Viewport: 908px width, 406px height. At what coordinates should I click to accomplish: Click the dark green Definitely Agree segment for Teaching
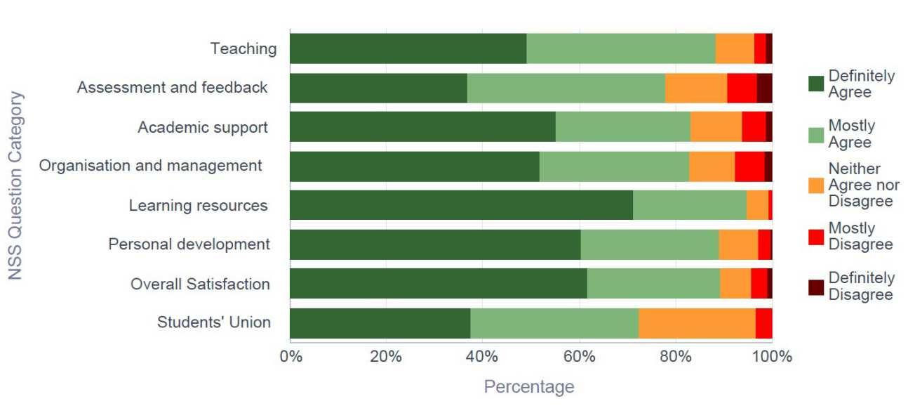(408, 48)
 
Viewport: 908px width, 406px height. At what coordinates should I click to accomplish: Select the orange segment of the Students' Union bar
(697, 323)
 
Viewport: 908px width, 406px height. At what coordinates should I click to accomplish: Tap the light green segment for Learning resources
(689, 205)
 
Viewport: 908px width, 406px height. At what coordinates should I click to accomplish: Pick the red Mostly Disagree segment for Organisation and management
(749, 166)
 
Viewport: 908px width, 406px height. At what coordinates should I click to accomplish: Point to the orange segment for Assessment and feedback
(695, 88)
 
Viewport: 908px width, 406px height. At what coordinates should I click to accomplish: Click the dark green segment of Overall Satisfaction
(438, 284)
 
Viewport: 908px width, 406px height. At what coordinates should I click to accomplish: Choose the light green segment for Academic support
(622, 127)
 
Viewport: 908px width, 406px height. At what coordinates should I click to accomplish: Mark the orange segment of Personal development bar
(738, 244)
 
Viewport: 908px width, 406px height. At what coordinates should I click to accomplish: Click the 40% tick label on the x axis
(482, 356)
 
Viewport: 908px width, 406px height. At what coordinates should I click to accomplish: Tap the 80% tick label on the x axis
(675, 356)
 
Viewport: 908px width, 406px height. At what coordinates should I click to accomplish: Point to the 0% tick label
(291, 356)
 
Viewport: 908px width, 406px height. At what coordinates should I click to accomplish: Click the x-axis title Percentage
(529, 386)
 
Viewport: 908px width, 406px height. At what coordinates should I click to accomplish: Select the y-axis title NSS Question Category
(15, 185)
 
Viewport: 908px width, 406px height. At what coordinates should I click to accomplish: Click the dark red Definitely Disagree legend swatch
(816, 287)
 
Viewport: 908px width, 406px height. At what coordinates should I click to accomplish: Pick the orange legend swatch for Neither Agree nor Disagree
(816, 185)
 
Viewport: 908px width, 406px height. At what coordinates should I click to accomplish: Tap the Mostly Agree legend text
(851, 134)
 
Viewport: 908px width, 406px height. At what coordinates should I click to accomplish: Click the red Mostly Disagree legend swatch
(816, 237)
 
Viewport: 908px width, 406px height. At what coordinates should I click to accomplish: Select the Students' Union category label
(213, 322)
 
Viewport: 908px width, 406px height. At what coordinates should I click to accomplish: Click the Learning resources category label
(198, 206)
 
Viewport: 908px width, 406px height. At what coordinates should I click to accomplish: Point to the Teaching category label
(243, 49)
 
